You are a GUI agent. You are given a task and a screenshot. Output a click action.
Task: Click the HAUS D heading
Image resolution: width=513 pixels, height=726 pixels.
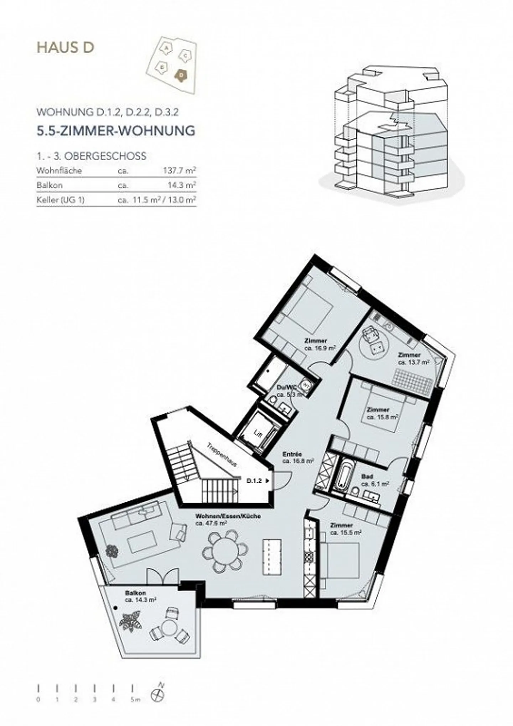click(66, 48)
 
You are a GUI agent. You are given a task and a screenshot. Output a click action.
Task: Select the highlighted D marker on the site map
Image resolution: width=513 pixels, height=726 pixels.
click(181, 75)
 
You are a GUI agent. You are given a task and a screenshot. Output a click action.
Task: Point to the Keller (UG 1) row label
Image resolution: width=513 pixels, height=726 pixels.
click(60, 200)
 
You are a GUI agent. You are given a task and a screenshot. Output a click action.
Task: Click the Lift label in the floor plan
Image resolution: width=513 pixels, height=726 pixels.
click(258, 433)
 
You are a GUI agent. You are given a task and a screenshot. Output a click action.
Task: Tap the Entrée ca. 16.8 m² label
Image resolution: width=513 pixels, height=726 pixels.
click(298, 458)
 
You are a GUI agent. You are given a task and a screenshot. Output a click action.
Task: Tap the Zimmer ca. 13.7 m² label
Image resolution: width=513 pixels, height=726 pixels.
click(413, 359)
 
